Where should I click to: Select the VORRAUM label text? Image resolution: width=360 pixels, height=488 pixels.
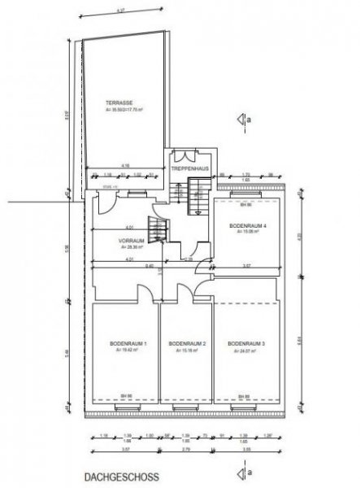pyautogui.click(x=132, y=242)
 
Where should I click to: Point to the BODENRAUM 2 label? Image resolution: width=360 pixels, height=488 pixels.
pyautogui.click(x=185, y=346)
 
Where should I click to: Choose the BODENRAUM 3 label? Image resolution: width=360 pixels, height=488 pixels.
pyautogui.click(x=247, y=346)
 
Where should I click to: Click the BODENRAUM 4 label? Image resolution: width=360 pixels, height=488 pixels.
pyautogui.click(x=246, y=224)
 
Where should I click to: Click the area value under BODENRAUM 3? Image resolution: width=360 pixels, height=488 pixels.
pyautogui.click(x=247, y=352)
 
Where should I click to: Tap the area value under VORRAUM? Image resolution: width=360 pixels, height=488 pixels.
pyautogui.click(x=132, y=248)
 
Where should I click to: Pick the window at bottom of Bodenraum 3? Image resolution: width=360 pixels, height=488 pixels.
pyautogui.click(x=244, y=401)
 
